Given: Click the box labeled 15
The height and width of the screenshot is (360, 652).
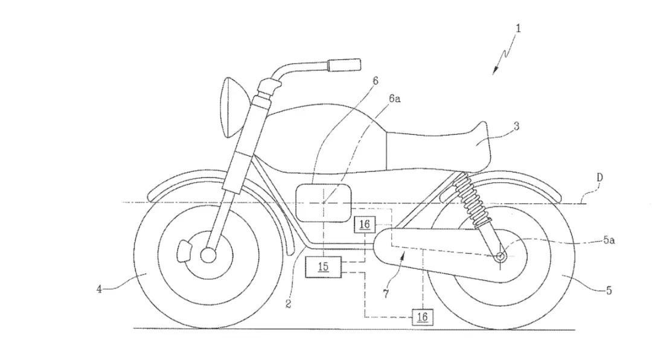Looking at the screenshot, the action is [x=323, y=267].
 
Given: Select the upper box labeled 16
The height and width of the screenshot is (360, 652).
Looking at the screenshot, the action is [x=364, y=225].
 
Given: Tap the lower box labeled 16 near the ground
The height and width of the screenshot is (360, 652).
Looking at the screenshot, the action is [x=422, y=317].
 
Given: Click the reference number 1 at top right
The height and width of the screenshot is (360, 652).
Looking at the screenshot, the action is [x=518, y=29].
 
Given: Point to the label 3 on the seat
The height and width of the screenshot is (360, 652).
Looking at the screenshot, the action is [x=516, y=126].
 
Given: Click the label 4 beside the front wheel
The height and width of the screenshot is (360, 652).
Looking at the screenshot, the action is [x=99, y=289].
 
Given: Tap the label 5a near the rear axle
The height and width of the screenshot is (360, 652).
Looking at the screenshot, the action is [x=609, y=240].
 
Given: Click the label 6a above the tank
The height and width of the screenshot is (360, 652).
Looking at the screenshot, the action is [x=395, y=98].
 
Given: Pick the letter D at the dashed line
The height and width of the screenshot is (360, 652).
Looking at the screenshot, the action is [x=599, y=178].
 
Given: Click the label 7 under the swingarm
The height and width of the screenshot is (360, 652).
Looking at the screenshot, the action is [x=386, y=294].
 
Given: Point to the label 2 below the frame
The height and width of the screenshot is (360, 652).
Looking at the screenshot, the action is [x=288, y=304].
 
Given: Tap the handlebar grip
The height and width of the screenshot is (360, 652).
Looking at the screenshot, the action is [x=344, y=65].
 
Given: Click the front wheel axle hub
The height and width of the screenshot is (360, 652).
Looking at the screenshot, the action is [x=208, y=255].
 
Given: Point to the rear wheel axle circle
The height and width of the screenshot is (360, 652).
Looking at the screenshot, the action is [x=501, y=257].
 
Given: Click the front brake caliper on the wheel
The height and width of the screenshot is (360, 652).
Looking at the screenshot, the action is [x=184, y=251].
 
